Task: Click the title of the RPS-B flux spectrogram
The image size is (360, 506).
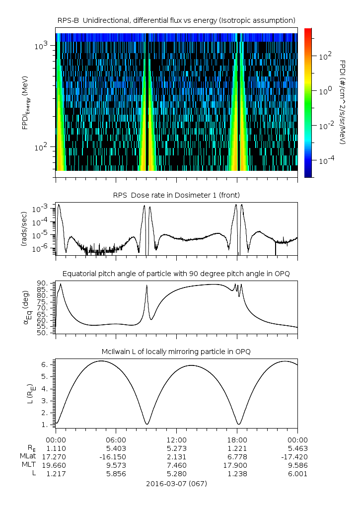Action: pyautogui.click(x=177, y=20)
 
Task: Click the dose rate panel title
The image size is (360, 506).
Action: pyautogui.click(x=176, y=194)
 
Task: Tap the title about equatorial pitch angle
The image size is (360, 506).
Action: pyautogui.click(x=176, y=274)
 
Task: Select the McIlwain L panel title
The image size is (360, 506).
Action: pyautogui.click(x=176, y=352)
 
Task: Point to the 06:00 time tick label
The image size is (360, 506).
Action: pyautogui.click(x=116, y=439)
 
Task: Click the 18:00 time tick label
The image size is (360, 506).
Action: pyautogui.click(x=237, y=439)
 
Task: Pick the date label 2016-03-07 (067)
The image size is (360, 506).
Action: pyautogui.click(x=176, y=484)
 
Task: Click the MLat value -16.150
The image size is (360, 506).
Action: pyautogui.click(x=116, y=456)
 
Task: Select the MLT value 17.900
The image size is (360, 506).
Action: pyautogui.click(x=237, y=465)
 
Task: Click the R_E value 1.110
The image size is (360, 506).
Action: pyautogui.click(x=56, y=447)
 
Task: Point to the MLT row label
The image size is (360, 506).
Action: pyautogui.click(x=26, y=465)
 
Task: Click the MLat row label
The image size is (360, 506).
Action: pyautogui.click(x=26, y=456)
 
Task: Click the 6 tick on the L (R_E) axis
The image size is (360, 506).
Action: pyautogui.click(x=45, y=364)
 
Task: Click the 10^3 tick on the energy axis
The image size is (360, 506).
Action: pyautogui.click(x=41, y=45)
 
